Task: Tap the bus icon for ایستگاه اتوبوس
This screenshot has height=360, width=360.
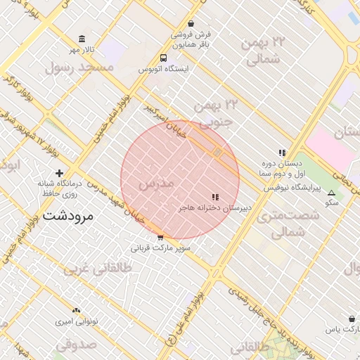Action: pyautogui.click(x=164, y=58)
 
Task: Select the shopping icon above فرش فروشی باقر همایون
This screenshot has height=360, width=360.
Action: pyautogui.click(x=191, y=23)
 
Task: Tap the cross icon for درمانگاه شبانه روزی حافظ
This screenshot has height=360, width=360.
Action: pyautogui.click(x=60, y=173)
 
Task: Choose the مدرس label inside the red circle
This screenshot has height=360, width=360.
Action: pyautogui.click(x=156, y=184)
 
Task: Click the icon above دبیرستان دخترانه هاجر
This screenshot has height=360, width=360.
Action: pyautogui.click(x=215, y=198)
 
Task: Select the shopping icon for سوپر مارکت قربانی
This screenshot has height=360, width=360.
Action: pyautogui.click(x=160, y=237)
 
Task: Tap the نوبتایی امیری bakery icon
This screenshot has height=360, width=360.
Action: pyautogui.click(x=77, y=310)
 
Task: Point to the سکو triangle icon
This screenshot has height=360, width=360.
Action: pyautogui.click(x=332, y=191)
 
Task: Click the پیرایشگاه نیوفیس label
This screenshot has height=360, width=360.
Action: pyautogui.click(x=292, y=188)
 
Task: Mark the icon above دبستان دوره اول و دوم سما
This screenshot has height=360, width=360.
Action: pyautogui.click(x=282, y=152)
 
